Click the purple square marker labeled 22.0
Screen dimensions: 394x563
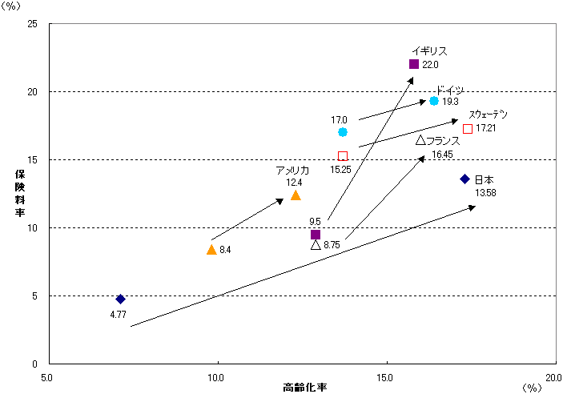414,64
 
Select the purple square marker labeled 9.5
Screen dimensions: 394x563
316,235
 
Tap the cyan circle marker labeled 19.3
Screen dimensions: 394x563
434,101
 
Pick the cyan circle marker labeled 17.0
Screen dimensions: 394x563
343,132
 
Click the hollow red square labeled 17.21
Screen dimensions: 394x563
468,129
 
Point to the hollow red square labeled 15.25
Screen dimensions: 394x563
343,156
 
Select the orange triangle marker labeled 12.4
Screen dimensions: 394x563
296,195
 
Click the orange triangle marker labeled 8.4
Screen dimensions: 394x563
211,250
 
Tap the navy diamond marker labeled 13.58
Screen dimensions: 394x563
464,179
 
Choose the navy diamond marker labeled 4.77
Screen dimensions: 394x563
120,299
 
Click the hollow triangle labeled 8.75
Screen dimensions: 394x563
316,245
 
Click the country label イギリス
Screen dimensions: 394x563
429,50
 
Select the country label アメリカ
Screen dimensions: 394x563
292,171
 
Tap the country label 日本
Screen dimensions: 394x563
484,179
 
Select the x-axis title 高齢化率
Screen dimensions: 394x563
305,388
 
